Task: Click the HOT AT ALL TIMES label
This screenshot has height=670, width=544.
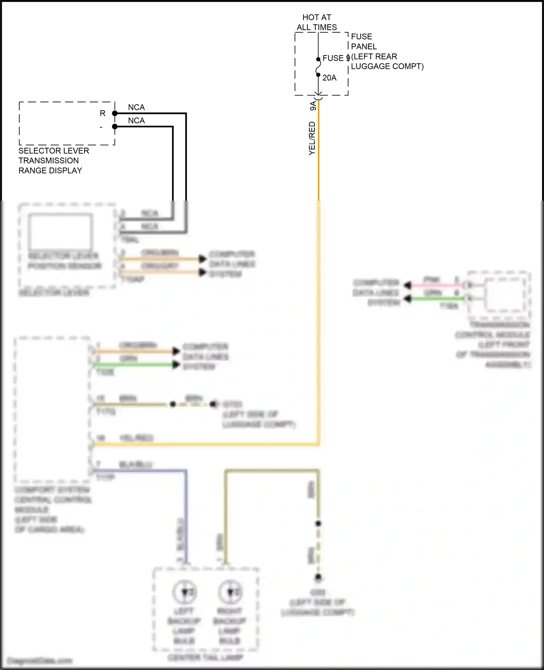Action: pyautogui.click(x=317, y=22)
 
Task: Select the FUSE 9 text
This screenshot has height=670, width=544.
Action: pyautogui.click(x=335, y=58)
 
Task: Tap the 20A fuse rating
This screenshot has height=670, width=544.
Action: pyautogui.click(x=329, y=78)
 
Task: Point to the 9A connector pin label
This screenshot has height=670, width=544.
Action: pyautogui.click(x=313, y=106)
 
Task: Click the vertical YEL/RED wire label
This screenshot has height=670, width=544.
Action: pyautogui.click(x=312, y=139)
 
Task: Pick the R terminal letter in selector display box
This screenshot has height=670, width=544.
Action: pyautogui.click(x=103, y=114)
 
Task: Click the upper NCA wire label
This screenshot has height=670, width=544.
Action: pyautogui.click(x=136, y=107)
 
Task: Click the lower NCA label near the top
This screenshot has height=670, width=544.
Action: pyautogui.click(x=136, y=120)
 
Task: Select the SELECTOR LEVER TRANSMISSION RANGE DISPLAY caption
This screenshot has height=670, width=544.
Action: pyautogui.click(x=53, y=160)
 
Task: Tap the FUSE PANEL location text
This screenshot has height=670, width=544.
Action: pyautogui.click(x=387, y=51)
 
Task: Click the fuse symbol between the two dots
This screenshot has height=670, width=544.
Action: pyautogui.click(x=318, y=67)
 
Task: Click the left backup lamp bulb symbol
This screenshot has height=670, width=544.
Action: pyautogui.click(x=185, y=592)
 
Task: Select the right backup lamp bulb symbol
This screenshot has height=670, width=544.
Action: pyautogui.click(x=230, y=592)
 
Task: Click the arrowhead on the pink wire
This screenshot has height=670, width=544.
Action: pyautogui.click(x=408, y=286)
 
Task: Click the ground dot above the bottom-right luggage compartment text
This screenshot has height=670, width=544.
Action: pyautogui.click(x=318, y=577)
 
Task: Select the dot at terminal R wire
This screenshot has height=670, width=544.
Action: pyautogui.click(x=115, y=114)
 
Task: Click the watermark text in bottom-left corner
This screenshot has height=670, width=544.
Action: pyautogui.click(x=40, y=661)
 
